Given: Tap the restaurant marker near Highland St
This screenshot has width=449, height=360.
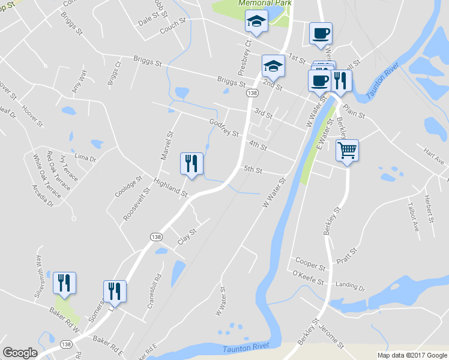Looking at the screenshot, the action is (x=191, y=164).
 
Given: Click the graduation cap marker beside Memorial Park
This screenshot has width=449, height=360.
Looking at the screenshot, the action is (x=256, y=23).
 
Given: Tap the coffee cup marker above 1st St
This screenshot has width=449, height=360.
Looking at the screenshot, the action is (x=321, y=34).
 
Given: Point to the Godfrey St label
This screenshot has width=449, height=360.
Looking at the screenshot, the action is (x=224, y=127).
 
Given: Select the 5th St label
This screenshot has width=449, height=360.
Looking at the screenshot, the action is (x=253, y=170).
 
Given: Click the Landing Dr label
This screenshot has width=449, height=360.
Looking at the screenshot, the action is (x=350, y=287).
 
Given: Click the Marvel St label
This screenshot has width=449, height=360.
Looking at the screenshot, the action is (x=167, y=147).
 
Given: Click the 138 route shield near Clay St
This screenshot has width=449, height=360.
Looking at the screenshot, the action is (x=155, y=236).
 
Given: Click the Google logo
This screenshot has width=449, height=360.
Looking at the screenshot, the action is (x=20, y=353).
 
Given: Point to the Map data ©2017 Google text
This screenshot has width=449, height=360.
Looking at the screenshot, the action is (x=411, y=355).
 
